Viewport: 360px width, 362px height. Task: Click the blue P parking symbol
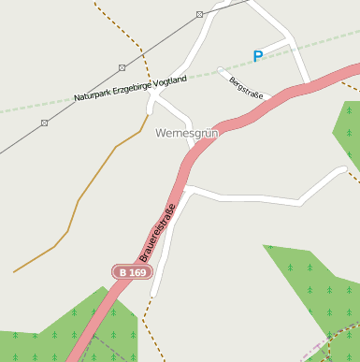pos(258,56)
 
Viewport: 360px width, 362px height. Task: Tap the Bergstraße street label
pos(247,88)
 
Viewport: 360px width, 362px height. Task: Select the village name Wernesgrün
pos(186,134)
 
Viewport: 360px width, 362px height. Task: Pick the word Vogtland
pos(174,80)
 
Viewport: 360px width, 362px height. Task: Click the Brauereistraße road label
pos(158,232)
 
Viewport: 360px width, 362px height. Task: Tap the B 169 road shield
pos(132,272)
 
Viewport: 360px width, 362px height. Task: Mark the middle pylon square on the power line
pos(122,67)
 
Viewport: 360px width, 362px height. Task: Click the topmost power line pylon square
pos(200,15)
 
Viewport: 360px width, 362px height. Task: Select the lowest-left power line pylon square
pos(44,123)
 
